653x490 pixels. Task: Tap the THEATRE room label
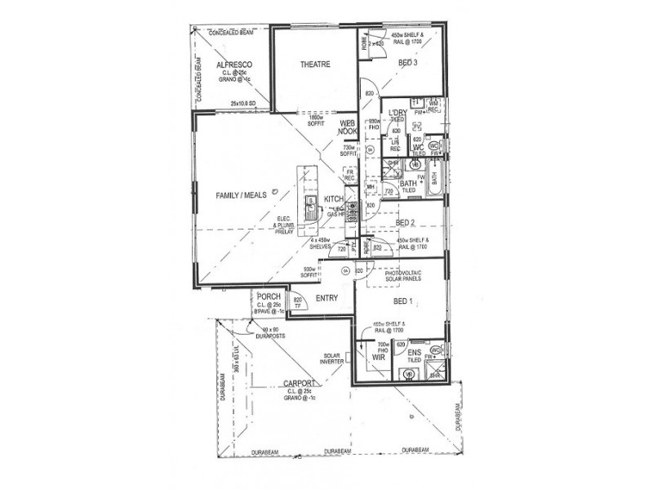click(314, 65)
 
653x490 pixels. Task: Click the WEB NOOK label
click(349, 127)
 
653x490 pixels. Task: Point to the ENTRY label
click(327, 298)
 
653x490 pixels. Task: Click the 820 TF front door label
click(298, 303)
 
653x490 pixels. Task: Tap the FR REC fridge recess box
click(349, 175)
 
